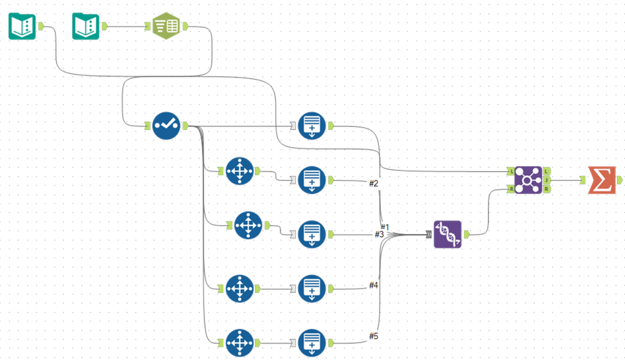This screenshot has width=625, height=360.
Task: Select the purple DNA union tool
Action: point(447,234)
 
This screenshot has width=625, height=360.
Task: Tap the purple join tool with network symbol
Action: point(528,180)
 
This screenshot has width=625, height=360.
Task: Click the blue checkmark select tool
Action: point(166,126)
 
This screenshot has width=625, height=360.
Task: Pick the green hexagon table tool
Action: point(166,26)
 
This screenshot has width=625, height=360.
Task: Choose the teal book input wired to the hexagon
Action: point(86,26)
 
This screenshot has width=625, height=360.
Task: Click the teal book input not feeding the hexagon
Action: point(22,26)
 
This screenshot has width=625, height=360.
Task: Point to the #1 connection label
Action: point(385,226)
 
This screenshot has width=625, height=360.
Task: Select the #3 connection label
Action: point(379,234)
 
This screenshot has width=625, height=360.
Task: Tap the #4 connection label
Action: point(374,285)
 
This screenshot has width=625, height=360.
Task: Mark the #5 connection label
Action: point(374,336)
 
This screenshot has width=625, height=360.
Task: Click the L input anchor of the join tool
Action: point(511,171)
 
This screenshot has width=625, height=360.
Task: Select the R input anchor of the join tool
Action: point(511,189)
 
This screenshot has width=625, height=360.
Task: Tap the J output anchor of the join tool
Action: point(546,180)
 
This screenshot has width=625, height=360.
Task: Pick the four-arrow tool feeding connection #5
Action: point(239,342)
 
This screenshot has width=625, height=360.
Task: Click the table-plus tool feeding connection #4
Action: point(311,289)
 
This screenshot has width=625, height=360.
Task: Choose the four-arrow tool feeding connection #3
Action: point(248,225)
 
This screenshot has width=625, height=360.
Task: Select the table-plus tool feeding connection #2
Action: point(311,180)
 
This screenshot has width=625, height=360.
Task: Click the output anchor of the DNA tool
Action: point(466,235)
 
